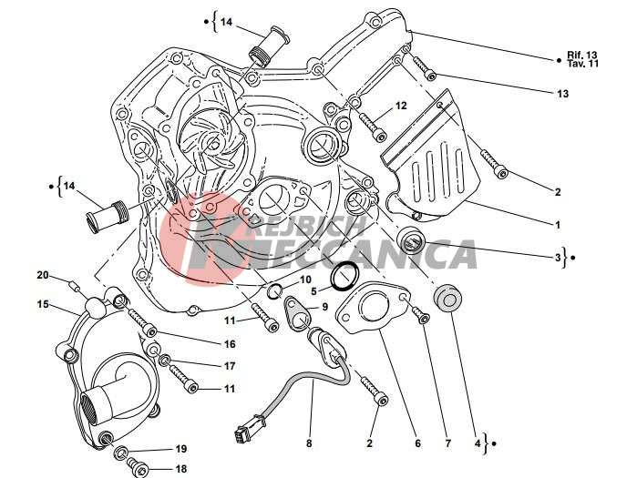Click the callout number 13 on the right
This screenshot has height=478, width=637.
coord(562,94)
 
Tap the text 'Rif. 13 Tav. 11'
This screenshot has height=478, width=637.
coord(582,59)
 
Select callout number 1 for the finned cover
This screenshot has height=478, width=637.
coord(558,224)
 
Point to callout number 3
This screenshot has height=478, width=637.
coord(558,258)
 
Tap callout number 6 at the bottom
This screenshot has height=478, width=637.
coord(418,443)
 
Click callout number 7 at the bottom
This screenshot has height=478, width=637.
coord(448,443)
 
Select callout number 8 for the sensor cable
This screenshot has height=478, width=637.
coord(309,443)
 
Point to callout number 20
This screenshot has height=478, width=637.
coord(43,275)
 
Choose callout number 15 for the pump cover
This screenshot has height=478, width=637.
coord(43,304)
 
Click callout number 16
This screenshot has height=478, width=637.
coord(230,344)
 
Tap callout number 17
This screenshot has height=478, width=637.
coord(230,366)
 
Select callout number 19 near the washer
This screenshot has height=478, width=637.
coord(181,449)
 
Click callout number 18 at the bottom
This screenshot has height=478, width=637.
coord(181,469)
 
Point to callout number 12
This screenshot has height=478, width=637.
coord(401,106)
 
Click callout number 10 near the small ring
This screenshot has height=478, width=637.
coord(305,280)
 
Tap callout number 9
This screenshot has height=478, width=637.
coord(324,307)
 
